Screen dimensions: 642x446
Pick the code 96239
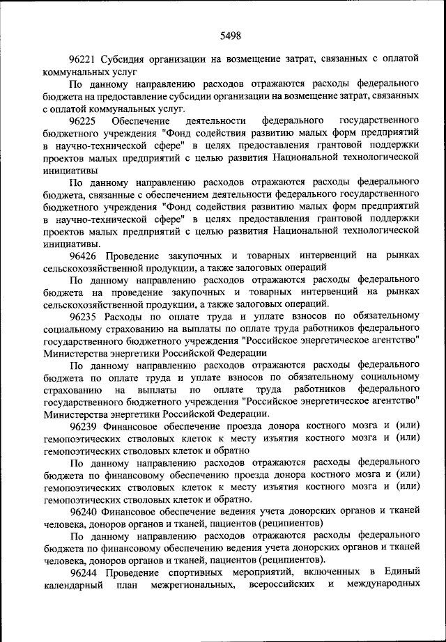84,425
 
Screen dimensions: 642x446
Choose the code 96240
84,510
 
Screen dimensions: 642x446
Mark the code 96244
84,571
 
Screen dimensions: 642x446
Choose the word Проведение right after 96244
137,571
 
